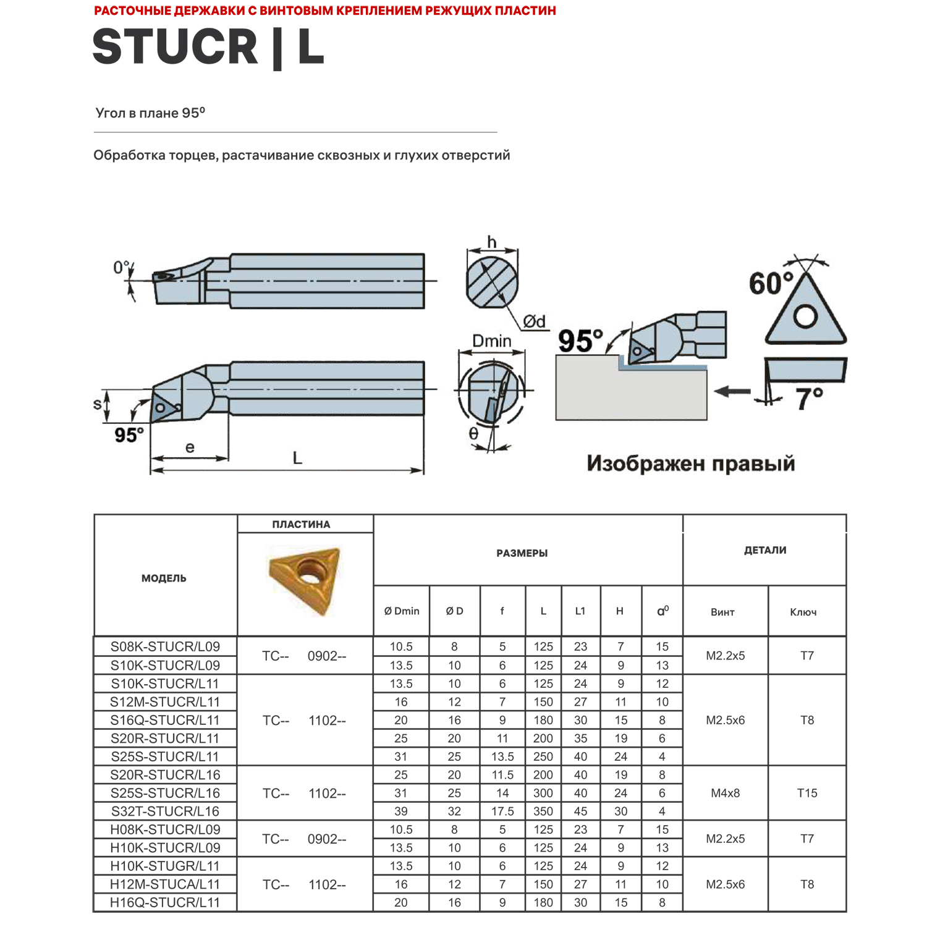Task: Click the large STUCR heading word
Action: click(175, 47)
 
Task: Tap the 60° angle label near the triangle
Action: click(771, 284)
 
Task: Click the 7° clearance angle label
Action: click(809, 399)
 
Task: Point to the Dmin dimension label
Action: click(491, 341)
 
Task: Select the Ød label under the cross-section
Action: click(535, 321)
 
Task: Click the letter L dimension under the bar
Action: click(297, 459)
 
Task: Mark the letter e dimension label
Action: click(190, 447)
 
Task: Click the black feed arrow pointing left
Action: click(732, 391)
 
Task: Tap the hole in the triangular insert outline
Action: click(805, 316)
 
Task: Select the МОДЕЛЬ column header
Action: click(164, 578)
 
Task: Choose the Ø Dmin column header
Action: click(402, 611)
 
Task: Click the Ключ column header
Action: click(803, 612)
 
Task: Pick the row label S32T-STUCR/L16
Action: click(165, 811)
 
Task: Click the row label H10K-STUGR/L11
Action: click(165, 866)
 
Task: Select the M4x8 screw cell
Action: click(726, 793)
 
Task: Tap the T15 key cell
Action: click(807, 793)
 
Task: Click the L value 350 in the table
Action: click(543, 811)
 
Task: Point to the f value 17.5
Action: click(502, 811)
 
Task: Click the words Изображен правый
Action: click(690, 463)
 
